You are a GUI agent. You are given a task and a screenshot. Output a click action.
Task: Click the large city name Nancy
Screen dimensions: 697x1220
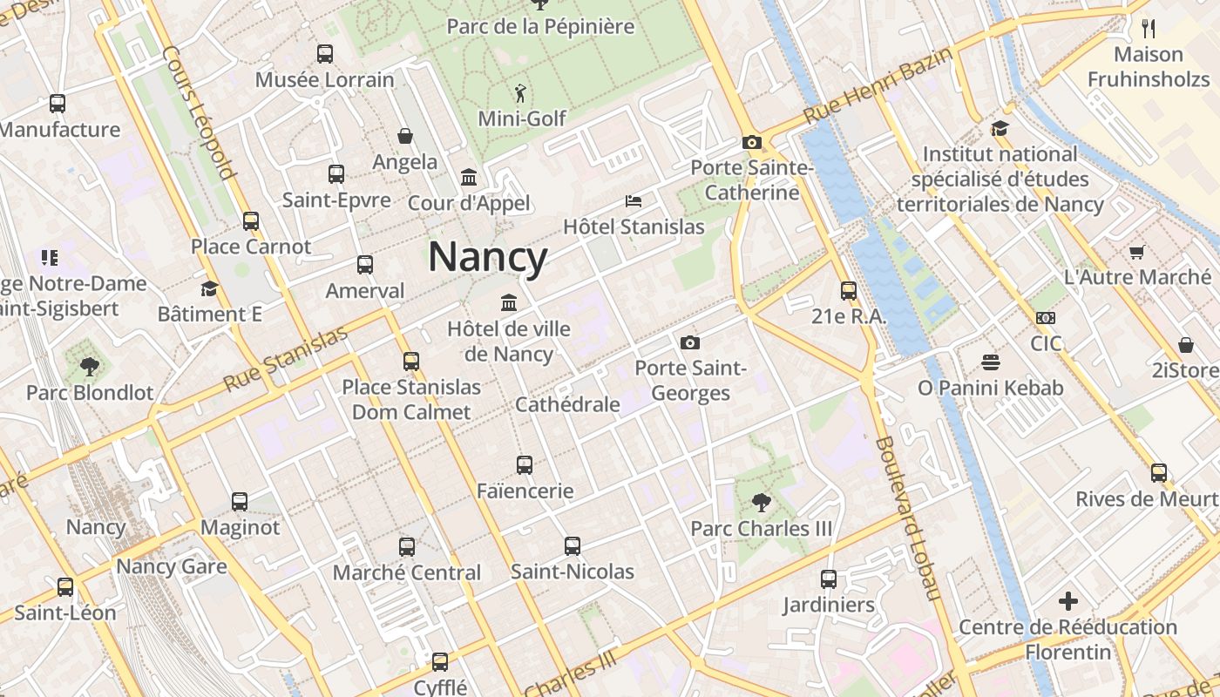pos(488,257)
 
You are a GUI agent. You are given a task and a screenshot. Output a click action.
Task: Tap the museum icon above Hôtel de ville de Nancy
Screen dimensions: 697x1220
pos(508,303)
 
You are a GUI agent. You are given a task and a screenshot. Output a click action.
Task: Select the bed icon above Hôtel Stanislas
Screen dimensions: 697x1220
pos(634,201)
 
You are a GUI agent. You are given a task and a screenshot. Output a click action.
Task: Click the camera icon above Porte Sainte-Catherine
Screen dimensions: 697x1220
pos(751,142)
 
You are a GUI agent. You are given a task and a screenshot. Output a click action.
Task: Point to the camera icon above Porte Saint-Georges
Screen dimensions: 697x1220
pos(690,342)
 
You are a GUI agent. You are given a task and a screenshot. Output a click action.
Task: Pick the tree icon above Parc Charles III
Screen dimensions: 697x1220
pos(761,503)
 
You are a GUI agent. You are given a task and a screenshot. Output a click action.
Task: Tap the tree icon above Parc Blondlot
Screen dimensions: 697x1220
pos(89,366)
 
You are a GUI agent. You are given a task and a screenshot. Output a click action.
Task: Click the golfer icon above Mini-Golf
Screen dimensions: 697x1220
pos(521,92)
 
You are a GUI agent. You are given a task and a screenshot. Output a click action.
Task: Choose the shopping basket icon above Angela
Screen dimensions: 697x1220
pos(405,136)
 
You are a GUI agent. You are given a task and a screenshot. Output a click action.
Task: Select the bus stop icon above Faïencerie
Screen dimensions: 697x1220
pos(524,465)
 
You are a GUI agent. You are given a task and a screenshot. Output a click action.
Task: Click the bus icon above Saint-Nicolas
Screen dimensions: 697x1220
pos(572,546)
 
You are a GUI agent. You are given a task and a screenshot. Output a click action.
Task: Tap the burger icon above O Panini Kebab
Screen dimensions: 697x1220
pos(990,362)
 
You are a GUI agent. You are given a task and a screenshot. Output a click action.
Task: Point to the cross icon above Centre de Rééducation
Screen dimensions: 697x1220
pos(1068,601)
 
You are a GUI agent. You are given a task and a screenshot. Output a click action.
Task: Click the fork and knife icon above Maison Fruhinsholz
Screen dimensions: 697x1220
pos(1149,29)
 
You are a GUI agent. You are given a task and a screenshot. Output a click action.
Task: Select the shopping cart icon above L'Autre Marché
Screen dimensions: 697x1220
pos(1136,253)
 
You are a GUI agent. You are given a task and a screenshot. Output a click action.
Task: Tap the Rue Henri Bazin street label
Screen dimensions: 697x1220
pos(878,85)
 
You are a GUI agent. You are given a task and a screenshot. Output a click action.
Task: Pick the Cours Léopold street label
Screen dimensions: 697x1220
pos(200,112)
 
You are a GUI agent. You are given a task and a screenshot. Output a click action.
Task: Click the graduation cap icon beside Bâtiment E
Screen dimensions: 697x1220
pos(209,288)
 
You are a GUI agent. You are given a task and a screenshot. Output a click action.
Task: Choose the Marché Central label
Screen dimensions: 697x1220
pos(407,572)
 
